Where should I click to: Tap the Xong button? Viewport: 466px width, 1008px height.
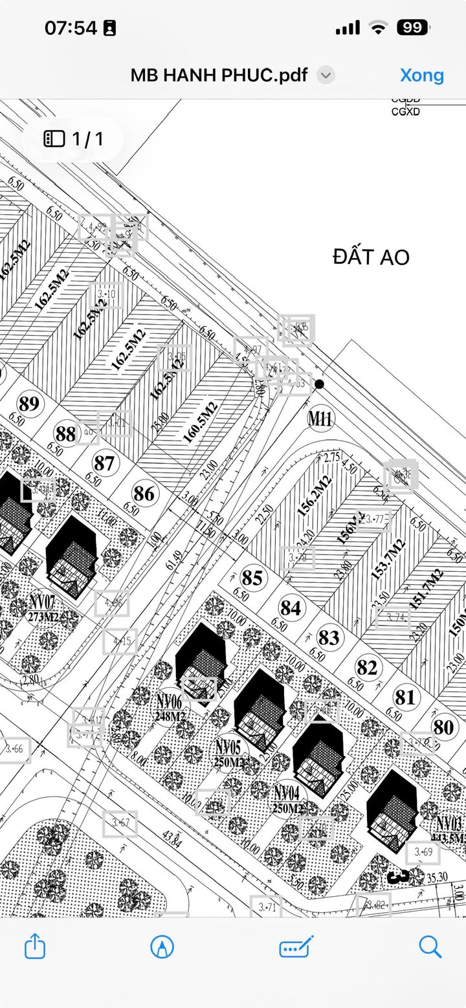tap(422, 75)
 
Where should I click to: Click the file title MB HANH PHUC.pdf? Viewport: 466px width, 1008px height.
tap(219, 75)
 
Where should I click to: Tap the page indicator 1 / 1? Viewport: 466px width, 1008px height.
tap(74, 138)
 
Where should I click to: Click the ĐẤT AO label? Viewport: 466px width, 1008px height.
tap(371, 257)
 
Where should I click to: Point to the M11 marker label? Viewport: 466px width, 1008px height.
tap(320, 419)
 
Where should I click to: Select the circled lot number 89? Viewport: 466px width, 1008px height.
tap(28, 404)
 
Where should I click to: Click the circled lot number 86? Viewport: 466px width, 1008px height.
tap(144, 494)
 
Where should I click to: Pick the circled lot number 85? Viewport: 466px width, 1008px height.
tap(252, 577)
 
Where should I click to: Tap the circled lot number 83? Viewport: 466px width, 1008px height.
tap(329, 638)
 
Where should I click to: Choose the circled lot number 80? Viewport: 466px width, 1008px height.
tap(443, 727)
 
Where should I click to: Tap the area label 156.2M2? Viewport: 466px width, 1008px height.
tap(315, 496)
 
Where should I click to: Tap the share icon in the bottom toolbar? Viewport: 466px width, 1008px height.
tap(35, 947)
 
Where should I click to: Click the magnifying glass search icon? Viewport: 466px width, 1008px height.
tap(430, 947)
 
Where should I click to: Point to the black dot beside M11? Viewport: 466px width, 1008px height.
tap(319, 384)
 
